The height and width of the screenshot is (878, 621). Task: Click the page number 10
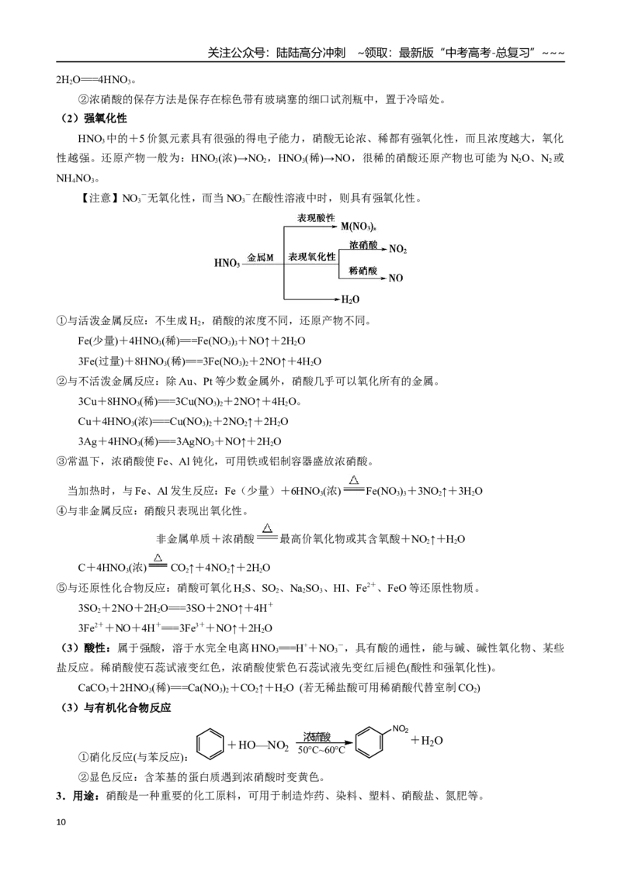click(61, 822)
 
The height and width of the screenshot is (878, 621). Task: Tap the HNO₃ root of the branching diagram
click(227, 263)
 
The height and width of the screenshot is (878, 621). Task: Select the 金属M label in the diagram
click(261, 258)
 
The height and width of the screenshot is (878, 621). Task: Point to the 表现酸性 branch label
click(316, 219)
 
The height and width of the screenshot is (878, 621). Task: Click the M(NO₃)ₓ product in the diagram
click(358, 226)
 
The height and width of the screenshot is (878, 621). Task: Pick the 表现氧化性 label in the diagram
click(312, 257)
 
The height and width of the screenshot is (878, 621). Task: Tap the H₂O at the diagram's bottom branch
click(350, 299)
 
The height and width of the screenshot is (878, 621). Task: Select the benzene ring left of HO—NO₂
click(210, 744)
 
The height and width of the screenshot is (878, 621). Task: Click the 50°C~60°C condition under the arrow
click(321, 750)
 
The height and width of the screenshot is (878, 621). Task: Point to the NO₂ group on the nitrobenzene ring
click(401, 729)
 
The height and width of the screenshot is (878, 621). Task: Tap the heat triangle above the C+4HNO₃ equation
click(158, 557)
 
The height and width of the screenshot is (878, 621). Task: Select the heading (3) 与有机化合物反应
click(116, 708)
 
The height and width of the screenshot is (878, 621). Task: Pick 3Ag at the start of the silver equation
click(88, 442)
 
